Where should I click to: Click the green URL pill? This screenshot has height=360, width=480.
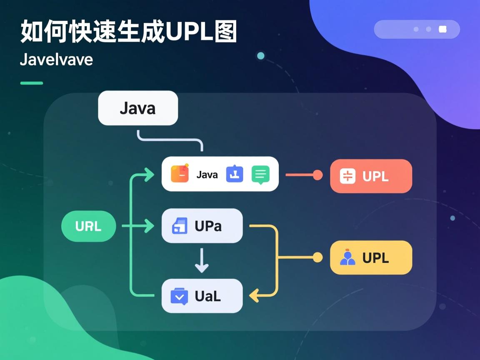tap(88, 226)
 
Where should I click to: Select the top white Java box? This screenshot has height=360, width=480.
tap(138, 108)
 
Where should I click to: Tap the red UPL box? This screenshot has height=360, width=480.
tap(371, 176)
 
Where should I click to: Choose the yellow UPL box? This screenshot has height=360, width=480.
tap(371, 257)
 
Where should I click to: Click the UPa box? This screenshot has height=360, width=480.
tap(202, 226)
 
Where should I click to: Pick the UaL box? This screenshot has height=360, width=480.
tap(202, 296)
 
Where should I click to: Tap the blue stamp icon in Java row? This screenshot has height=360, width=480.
tap(235, 174)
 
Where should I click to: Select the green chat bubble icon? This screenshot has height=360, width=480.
tap(260, 175)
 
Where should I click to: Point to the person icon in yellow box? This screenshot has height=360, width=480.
tap(347, 257)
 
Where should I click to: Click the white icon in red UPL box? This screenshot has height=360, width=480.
tap(347, 176)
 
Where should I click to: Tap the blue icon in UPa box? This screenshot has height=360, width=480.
tap(180, 226)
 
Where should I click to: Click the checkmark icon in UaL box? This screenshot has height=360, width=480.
tap(180, 296)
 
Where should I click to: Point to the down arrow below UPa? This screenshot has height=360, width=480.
tap(202, 261)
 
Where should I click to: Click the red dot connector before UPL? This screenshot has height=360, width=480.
tap(317, 175)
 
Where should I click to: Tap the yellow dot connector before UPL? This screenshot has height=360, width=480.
tap(317, 257)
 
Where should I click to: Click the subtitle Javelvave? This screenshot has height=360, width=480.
tap(56, 59)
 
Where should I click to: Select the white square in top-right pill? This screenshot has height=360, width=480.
tap(442, 29)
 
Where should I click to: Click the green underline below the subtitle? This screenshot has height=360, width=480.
tap(32, 83)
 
